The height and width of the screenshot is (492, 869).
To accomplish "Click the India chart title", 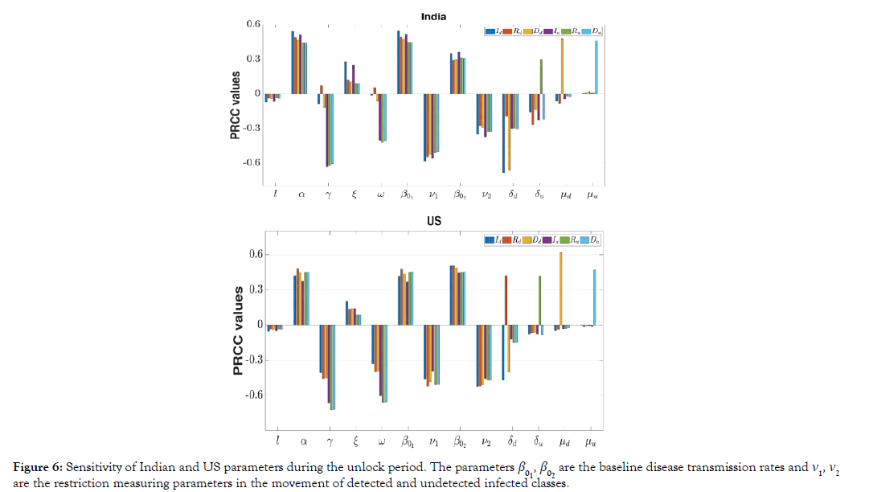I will pyautogui.click(x=434, y=17).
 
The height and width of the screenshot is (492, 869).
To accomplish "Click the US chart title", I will pyautogui.click(x=434, y=220).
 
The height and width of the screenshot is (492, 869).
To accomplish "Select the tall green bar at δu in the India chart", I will pyautogui.click(x=541, y=76).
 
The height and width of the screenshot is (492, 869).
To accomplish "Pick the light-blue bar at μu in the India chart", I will pyautogui.click(x=596, y=68).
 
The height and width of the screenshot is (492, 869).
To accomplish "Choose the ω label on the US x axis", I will pyautogui.click(x=382, y=441).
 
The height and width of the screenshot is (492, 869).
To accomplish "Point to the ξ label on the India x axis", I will pyautogui.click(x=355, y=194).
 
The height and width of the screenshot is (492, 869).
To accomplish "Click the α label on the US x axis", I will pyautogui.click(x=303, y=441).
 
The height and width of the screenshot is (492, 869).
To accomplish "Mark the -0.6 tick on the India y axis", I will pyautogui.click(x=252, y=162).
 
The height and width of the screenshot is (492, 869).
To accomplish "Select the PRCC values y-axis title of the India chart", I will pyautogui.click(x=235, y=105).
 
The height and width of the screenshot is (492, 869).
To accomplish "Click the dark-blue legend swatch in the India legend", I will pyautogui.click(x=490, y=31).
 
